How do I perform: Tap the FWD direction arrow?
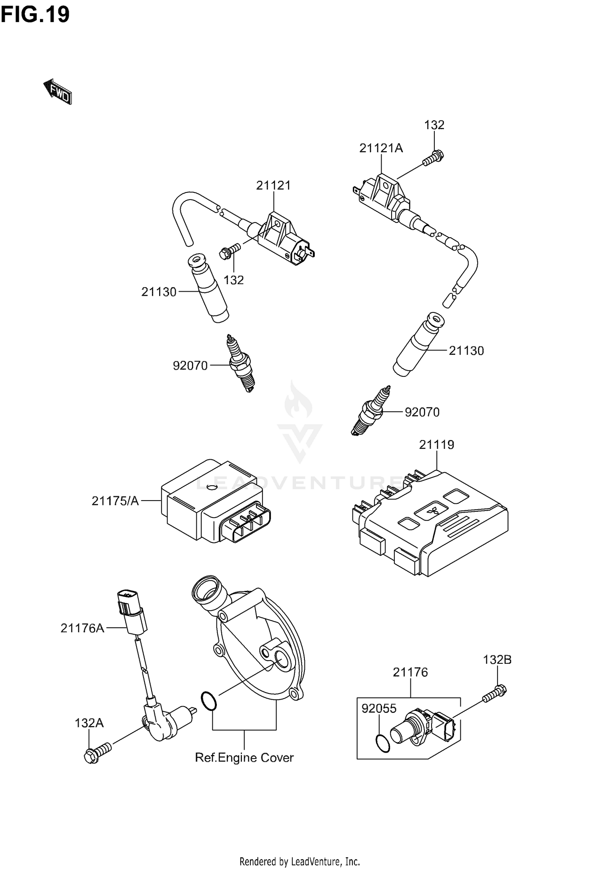[x=58, y=92]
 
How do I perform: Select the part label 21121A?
[x=381, y=148]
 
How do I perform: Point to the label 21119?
[x=436, y=445]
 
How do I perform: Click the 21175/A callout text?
[x=115, y=501]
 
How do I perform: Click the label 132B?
[x=497, y=659]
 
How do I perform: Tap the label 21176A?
[x=82, y=628]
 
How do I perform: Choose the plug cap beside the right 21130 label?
[x=418, y=344]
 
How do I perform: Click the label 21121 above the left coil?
[x=273, y=185]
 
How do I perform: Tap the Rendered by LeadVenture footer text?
[x=300, y=860]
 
